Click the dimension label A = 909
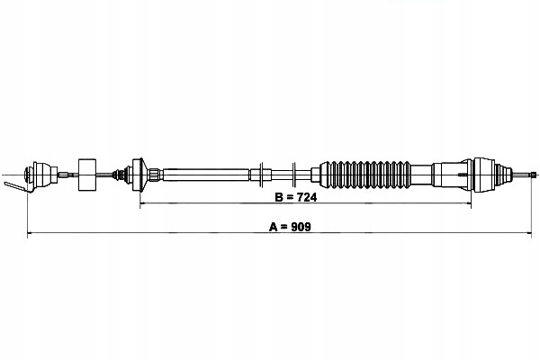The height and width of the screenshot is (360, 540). click(x=289, y=226)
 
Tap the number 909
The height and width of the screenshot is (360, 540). click(x=301, y=226)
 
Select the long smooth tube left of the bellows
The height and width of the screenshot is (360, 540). click(x=207, y=172)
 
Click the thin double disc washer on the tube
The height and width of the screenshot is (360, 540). click(x=262, y=172)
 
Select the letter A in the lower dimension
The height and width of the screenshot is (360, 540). click(x=273, y=226)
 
